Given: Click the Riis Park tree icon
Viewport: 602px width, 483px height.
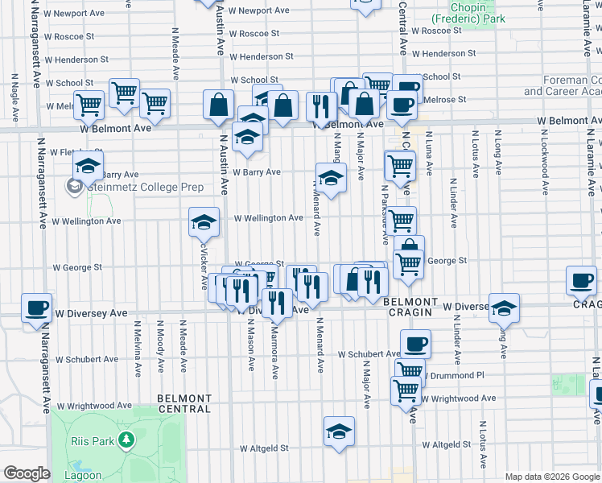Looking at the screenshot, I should [x=126, y=440].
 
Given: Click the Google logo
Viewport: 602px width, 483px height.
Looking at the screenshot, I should [x=26, y=473].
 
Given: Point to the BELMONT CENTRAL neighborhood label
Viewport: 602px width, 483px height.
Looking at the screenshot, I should [x=184, y=403].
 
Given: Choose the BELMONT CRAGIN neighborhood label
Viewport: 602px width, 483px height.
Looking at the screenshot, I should [x=410, y=307].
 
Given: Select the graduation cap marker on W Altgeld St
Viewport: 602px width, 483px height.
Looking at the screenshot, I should [x=340, y=430].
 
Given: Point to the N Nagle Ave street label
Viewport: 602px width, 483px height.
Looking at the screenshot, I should [x=14, y=96].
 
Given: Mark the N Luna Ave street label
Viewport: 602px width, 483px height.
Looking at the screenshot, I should [x=430, y=153].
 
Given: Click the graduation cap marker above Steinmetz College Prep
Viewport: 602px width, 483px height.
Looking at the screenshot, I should [x=88, y=167].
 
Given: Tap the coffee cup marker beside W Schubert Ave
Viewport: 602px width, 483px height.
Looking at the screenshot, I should [x=415, y=344].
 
